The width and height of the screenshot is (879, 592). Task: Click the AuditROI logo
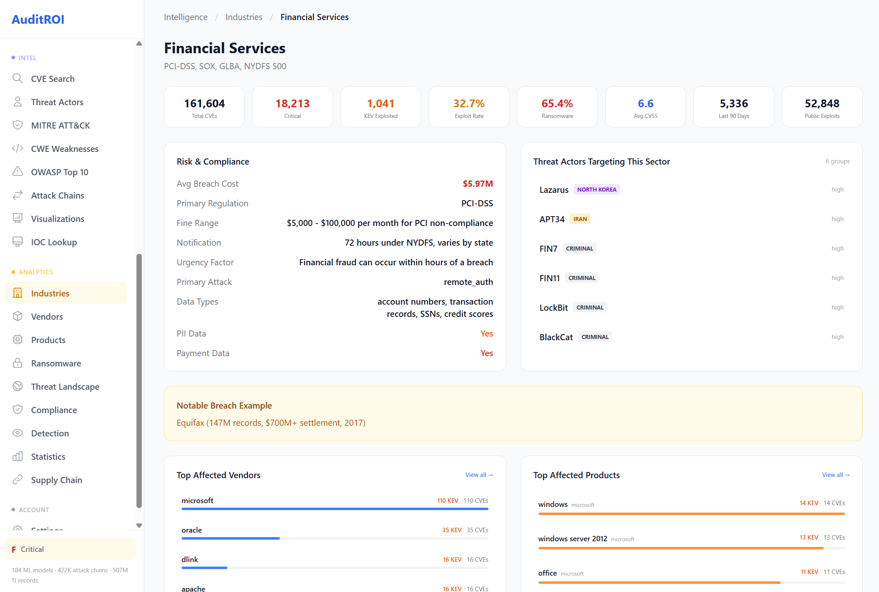(38, 19)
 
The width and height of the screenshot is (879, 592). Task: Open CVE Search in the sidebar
(52, 79)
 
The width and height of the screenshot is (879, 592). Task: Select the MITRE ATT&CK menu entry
(60, 125)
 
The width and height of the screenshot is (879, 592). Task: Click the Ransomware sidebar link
(56, 363)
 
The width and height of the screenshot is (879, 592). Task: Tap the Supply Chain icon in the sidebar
(17, 479)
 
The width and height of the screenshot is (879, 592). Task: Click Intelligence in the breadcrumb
(186, 17)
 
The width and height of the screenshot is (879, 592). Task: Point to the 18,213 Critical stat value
(292, 104)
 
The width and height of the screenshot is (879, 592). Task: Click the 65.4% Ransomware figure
(557, 104)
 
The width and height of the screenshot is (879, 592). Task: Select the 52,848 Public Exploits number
(822, 104)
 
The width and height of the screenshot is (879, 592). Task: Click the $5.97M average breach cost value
(477, 184)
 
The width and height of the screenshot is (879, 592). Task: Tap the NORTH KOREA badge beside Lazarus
(596, 190)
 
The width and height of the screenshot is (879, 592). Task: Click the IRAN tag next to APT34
(579, 219)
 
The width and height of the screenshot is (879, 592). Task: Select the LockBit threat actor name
(553, 307)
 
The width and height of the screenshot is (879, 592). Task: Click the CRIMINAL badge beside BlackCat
(595, 337)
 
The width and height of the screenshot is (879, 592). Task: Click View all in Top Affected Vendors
(479, 475)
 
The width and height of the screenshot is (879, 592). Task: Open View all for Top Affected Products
(836, 475)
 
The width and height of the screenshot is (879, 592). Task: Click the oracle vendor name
(191, 530)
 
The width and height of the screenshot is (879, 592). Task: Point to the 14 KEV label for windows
(809, 503)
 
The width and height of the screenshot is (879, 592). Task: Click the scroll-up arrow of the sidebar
(139, 43)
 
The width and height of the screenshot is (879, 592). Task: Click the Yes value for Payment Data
(486, 353)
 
